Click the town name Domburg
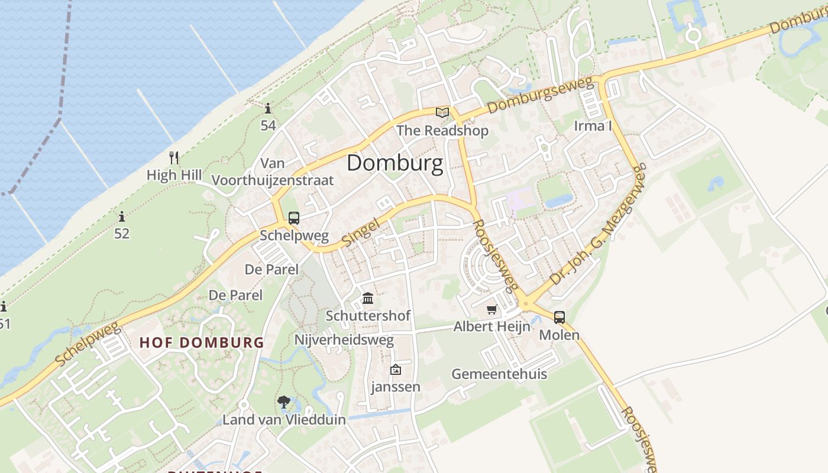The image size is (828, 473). [x=394, y=163]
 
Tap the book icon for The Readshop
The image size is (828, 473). [x=442, y=112]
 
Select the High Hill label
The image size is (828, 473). [x=174, y=175]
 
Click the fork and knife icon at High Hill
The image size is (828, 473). [x=174, y=157]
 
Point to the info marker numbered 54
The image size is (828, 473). [x=268, y=108]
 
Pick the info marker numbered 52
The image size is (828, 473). [x=122, y=216]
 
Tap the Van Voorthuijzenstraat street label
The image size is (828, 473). [x=273, y=171]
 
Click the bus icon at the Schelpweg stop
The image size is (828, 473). [x=294, y=218]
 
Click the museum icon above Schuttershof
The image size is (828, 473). [x=368, y=298]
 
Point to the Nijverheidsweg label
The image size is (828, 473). [x=344, y=340]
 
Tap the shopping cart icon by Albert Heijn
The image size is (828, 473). [x=491, y=309]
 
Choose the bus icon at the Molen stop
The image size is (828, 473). [x=559, y=318]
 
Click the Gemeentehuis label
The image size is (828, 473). [x=499, y=374]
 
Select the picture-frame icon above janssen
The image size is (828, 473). [x=395, y=370]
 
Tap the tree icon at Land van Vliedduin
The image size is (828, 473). [x=284, y=403]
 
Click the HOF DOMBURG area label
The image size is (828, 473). [x=202, y=342]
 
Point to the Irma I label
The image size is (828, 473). [x=593, y=125]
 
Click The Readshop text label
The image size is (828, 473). [x=442, y=130]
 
